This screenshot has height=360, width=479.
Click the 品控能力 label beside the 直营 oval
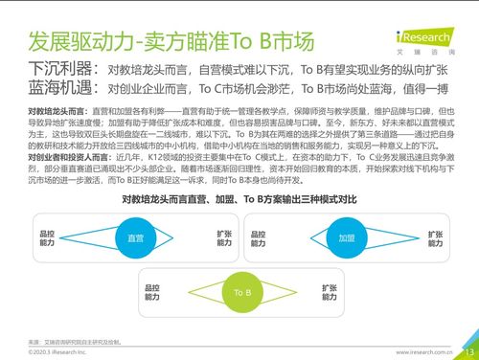[x=47, y=237]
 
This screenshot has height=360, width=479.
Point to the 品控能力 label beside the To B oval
[x=152, y=290]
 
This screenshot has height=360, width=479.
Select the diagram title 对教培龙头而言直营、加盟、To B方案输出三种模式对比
[x=239, y=199]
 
